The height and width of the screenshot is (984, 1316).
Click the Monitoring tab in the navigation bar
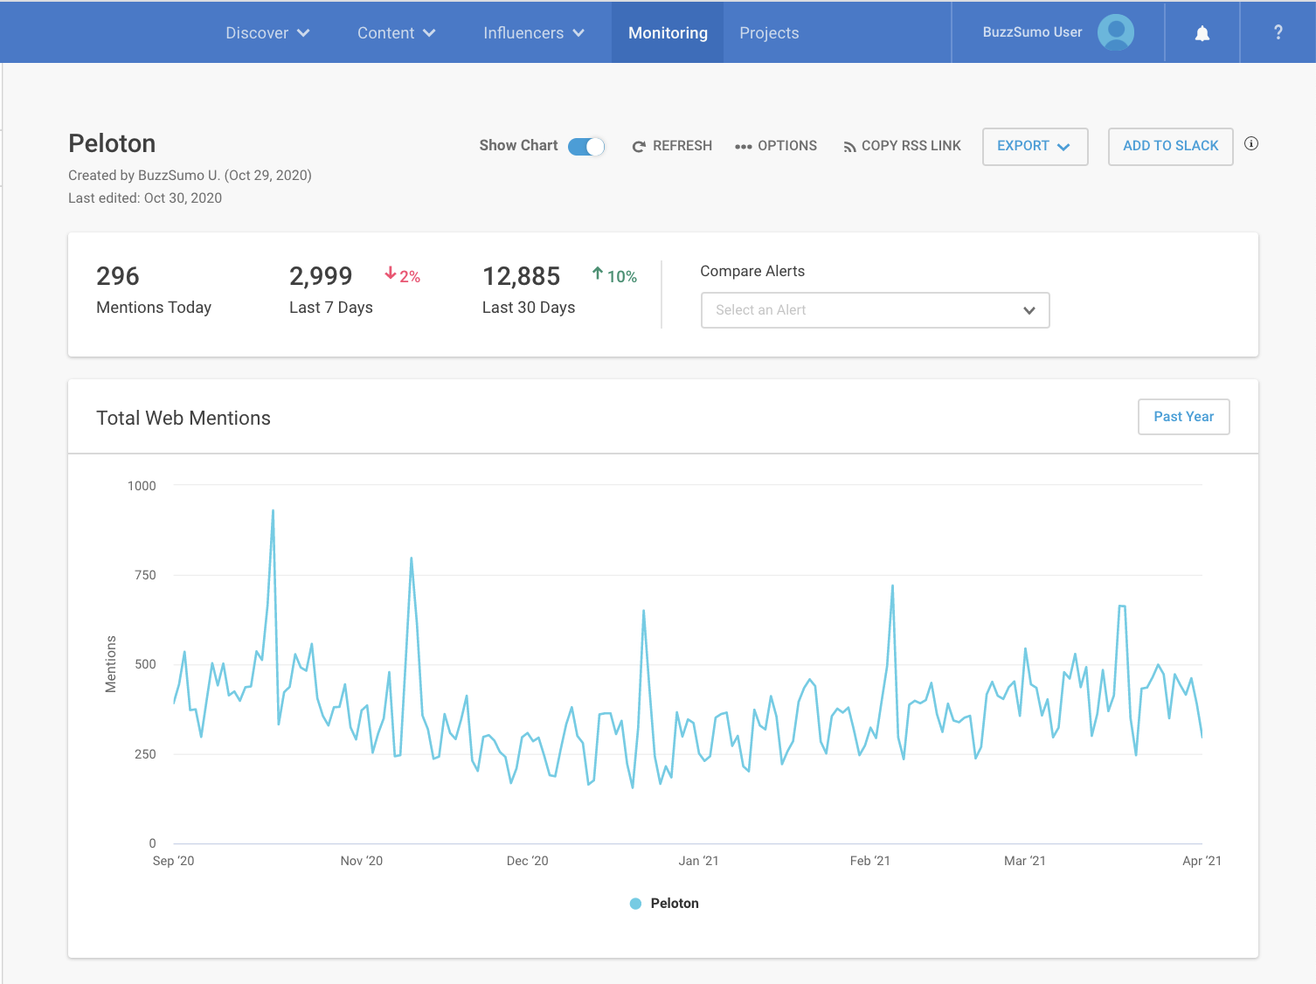(x=668, y=33)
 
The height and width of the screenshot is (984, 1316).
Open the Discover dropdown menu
(x=267, y=33)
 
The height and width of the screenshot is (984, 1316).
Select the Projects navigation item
(x=769, y=33)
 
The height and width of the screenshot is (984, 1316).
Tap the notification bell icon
(x=1202, y=33)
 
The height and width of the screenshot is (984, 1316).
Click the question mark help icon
(x=1278, y=33)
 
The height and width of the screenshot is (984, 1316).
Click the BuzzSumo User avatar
(x=1116, y=32)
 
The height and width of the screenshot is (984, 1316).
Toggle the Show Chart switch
(x=586, y=147)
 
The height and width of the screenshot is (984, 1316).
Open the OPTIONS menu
(x=776, y=146)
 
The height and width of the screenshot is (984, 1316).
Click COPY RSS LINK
(x=902, y=146)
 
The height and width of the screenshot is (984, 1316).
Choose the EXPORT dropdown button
(x=1035, y=146)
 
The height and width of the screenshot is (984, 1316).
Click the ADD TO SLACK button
(x=1170, y=146)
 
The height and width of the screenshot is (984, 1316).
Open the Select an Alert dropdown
(x=875, y=310)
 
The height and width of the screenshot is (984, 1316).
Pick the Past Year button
(x=1183, y=417)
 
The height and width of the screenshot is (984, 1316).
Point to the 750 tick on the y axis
(x=145, y=575)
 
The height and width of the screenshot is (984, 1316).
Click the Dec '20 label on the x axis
(x=527, y=861)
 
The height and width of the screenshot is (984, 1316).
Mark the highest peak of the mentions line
(x=273, y=511)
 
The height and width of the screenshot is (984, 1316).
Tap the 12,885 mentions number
(x=521, y=277)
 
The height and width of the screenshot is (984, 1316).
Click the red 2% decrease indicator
(x=403, y=276)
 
